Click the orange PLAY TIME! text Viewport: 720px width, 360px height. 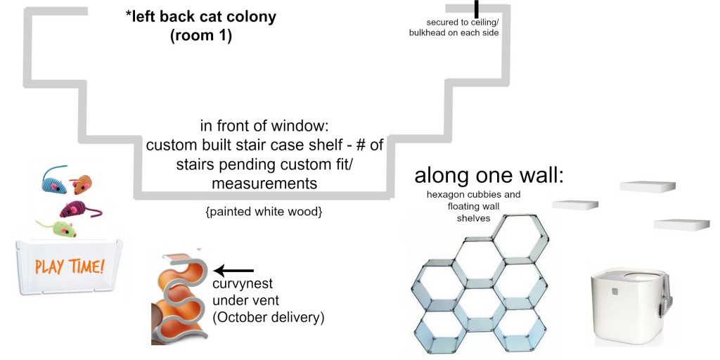[x=70, y=266]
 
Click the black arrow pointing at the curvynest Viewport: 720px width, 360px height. [x=233, y=270]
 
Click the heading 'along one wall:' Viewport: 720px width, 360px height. [x=489, y=176]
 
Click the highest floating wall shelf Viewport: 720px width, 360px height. [x=648, y=186]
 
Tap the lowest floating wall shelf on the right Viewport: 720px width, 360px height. [x=681, y=224]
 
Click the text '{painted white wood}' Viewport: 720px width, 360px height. [x=264, y=210]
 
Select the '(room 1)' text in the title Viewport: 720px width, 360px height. [x=200, y=35]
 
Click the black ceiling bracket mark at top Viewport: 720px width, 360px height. [x=476, y=8]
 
